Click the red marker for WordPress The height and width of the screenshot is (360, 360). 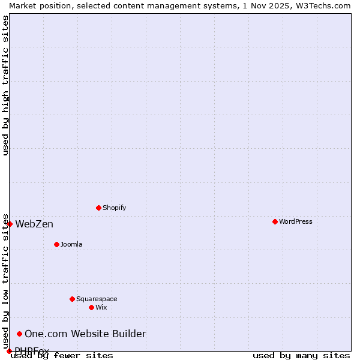(275, 221)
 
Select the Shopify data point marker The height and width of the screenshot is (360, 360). (98, 208)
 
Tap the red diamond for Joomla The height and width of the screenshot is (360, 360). (56, 244)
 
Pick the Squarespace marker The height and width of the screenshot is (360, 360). (72, 299)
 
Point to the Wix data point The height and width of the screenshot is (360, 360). (91, 307)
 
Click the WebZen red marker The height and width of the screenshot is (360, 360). (10, 224)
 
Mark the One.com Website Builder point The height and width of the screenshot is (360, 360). (19, 334)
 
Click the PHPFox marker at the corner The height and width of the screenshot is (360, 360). (9, 351)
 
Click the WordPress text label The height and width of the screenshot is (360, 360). (295, 221)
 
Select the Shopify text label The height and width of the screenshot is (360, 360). (114, 208)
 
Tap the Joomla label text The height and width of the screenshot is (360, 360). (71, 244)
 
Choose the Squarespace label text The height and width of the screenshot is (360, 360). (97, 299)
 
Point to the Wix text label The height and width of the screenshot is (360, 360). (101, 307)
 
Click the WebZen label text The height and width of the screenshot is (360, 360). (34, 224)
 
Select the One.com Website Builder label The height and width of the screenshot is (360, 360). (85, 334)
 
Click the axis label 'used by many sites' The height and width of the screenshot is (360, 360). (301, 356)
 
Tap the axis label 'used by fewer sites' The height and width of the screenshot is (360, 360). (62, 356)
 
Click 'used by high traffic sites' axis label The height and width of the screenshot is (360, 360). (6, 85)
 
